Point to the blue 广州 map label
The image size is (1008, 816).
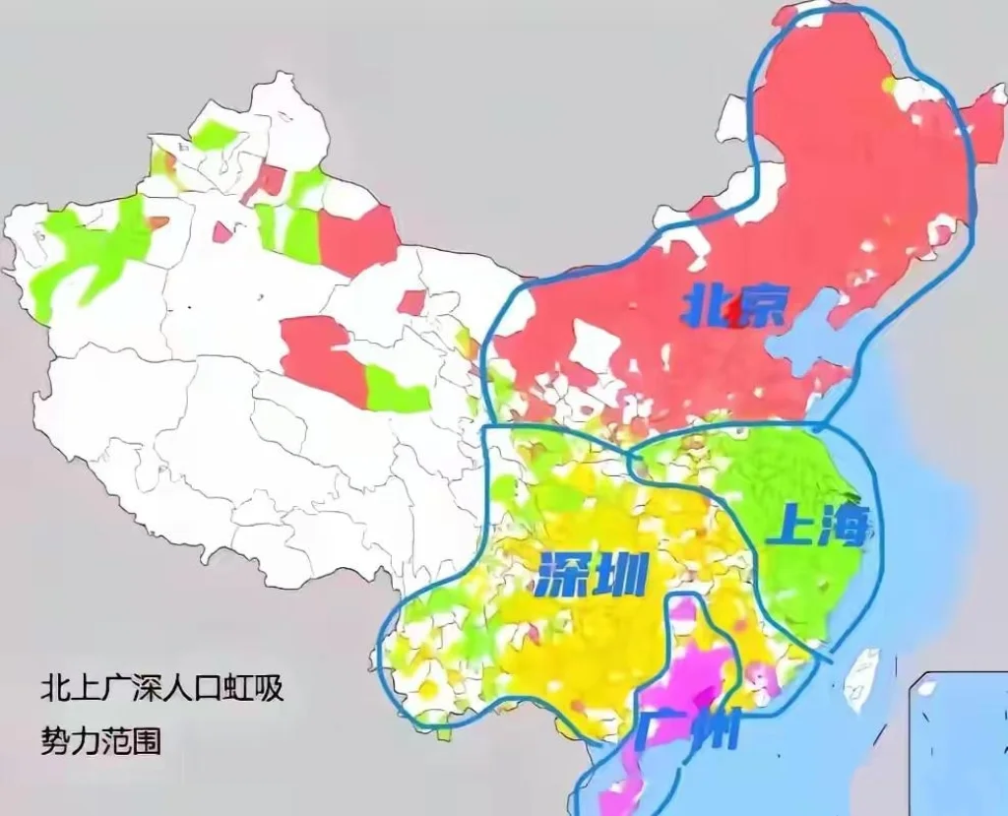tap(686, 731)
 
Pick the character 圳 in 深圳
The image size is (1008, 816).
tap(621, 574)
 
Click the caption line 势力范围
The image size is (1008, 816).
tap(100, 739)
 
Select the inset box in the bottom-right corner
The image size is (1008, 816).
tap(959, 743)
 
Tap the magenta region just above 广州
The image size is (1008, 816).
tap(689, 669)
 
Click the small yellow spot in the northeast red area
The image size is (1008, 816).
tap(891, 85)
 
